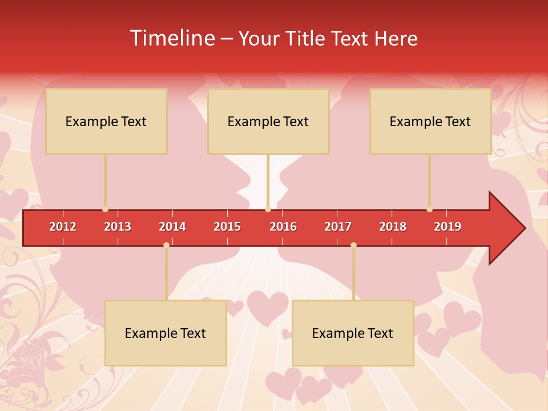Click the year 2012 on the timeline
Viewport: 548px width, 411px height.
coord(63,227)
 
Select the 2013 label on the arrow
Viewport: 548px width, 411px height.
coord(118,227)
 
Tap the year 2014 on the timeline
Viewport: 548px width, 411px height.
coord(172,227)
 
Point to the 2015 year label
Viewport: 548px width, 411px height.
coord(227,227)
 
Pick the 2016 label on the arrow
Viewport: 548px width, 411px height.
coord(283,227)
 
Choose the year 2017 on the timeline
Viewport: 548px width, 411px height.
coord(338,227)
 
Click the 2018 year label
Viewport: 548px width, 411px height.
coord(393,227)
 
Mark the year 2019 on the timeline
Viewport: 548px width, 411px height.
coord(448,227)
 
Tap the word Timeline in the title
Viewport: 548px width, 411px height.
coord(172,38)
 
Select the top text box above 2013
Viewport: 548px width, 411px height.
coord(106,121)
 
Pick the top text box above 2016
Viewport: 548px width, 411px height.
coord(268,121)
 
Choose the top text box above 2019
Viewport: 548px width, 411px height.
coord(430,121)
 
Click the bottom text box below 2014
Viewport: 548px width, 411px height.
coord(166,333)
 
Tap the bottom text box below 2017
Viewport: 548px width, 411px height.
coord(353,333)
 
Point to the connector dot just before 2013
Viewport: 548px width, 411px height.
coord(105,209)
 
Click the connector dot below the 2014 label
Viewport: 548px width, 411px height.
coord(166,245)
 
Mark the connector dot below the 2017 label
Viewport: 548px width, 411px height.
coord(353,245)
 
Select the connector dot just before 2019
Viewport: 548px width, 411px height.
coord(429,209)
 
